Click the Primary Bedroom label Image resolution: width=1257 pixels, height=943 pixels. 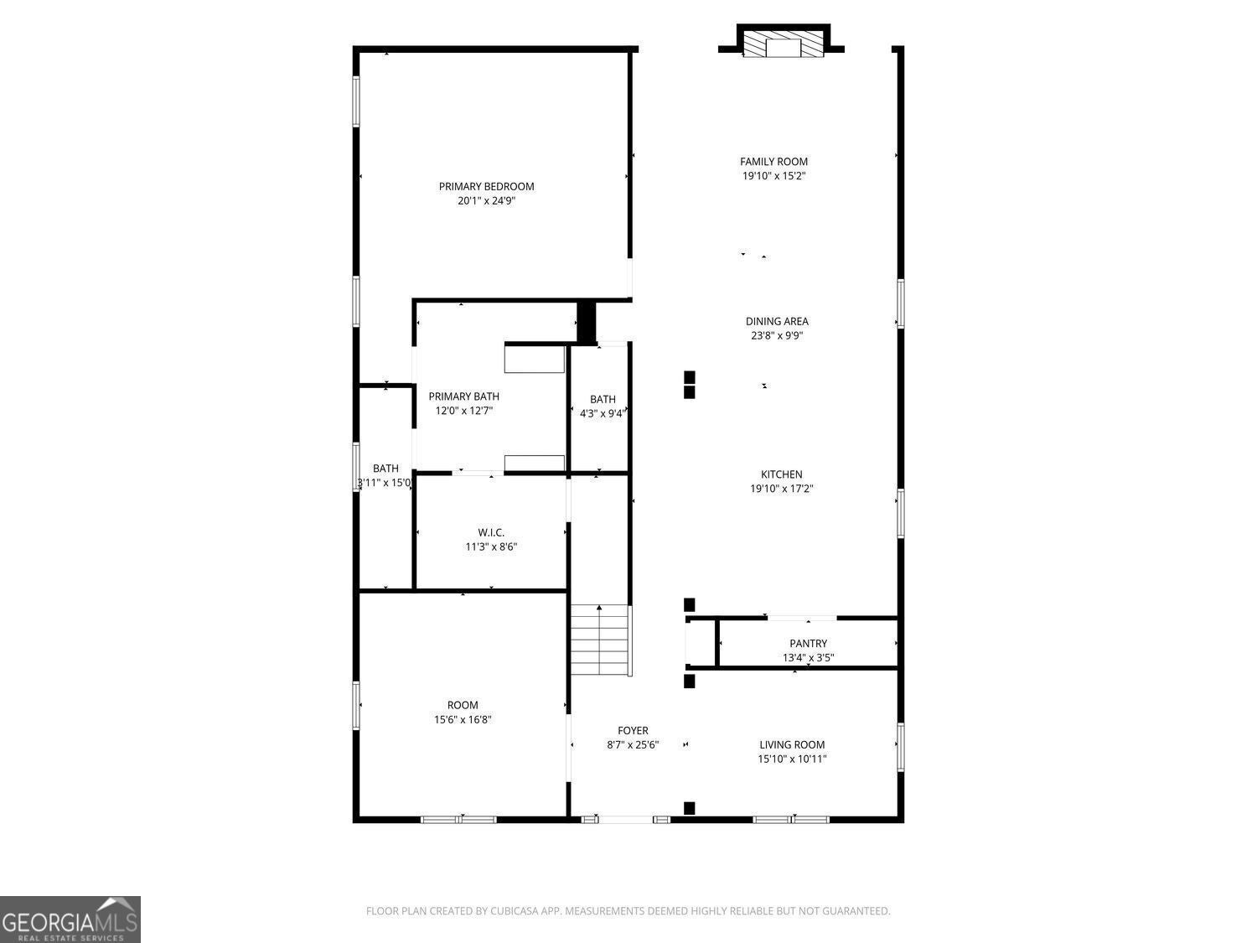486,186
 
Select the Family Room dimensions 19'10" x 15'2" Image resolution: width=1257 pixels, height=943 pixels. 773,176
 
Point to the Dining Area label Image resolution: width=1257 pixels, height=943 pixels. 777,321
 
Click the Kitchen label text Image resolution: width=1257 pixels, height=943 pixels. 781,474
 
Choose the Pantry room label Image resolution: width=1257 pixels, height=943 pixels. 808,644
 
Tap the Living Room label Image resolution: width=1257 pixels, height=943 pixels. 792,744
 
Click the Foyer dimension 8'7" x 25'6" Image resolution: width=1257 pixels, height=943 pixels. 633,744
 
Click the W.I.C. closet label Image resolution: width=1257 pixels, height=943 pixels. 491,532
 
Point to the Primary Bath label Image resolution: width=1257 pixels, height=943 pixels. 463,396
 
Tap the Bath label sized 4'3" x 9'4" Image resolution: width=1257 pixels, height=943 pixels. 603,400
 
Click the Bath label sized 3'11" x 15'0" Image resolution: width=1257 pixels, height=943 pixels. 385,469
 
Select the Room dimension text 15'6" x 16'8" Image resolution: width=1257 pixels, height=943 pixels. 463,719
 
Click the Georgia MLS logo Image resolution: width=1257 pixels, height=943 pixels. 70,920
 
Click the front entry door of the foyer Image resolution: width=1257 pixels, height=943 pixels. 626,819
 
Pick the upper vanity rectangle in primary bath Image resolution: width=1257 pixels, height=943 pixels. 534,359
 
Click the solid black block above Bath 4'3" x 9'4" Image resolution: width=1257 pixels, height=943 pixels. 586,321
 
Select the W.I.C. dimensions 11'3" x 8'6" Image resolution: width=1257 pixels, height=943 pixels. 491,547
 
